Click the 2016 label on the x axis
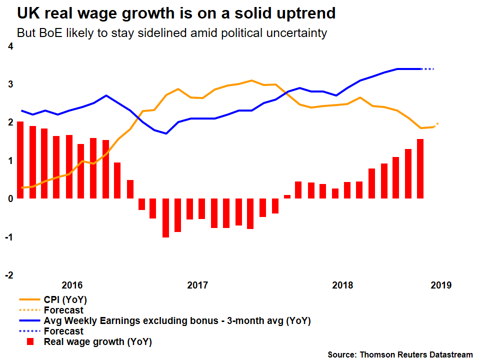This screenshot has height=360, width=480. click(x=72, y=285)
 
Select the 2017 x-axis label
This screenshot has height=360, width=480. click(x=197, y=285)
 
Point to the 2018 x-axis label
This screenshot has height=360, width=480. click(x=342, y=285)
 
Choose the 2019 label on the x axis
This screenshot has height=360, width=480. click(x=441, y=285)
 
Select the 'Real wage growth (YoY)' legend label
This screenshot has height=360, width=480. click(x=98, y=342)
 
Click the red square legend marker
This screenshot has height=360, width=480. click(x=30, y=342)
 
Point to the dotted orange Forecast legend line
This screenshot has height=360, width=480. click(x=29, y=310)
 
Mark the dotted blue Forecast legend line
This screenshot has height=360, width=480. click(x=29, y=331)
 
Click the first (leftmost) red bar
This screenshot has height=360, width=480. click(x=20, y=160)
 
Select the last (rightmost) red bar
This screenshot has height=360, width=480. click(x=420, y=168)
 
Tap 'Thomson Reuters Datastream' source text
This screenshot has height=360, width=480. click(x=415, y=354)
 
